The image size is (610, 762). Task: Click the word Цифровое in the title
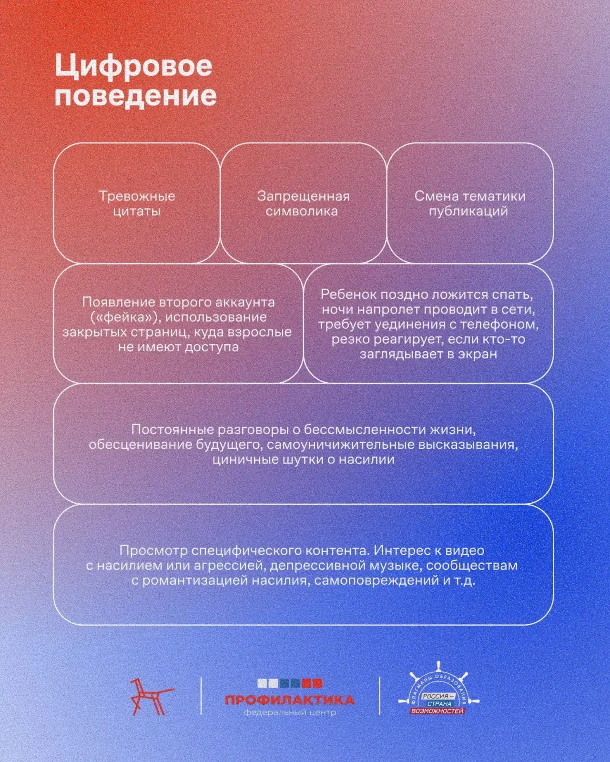click(x=133, y=67)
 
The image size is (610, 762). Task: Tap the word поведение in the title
click(x=136, y=96)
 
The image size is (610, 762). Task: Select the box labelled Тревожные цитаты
click(x=137, y=203)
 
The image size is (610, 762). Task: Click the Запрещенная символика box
click(x=303, y=203)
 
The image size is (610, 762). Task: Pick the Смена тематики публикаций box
click(x=469, y=203)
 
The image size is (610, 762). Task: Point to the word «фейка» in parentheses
click(x=125, y=317)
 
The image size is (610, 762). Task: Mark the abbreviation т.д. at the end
click(x=464, y=580)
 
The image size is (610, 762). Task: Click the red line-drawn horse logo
click(x=151, y=696)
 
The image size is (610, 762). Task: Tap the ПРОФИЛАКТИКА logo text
click(x=290, y=700)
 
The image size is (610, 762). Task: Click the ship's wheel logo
click(x=438, y=690)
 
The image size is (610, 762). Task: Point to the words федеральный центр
click(x=290, y=712)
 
